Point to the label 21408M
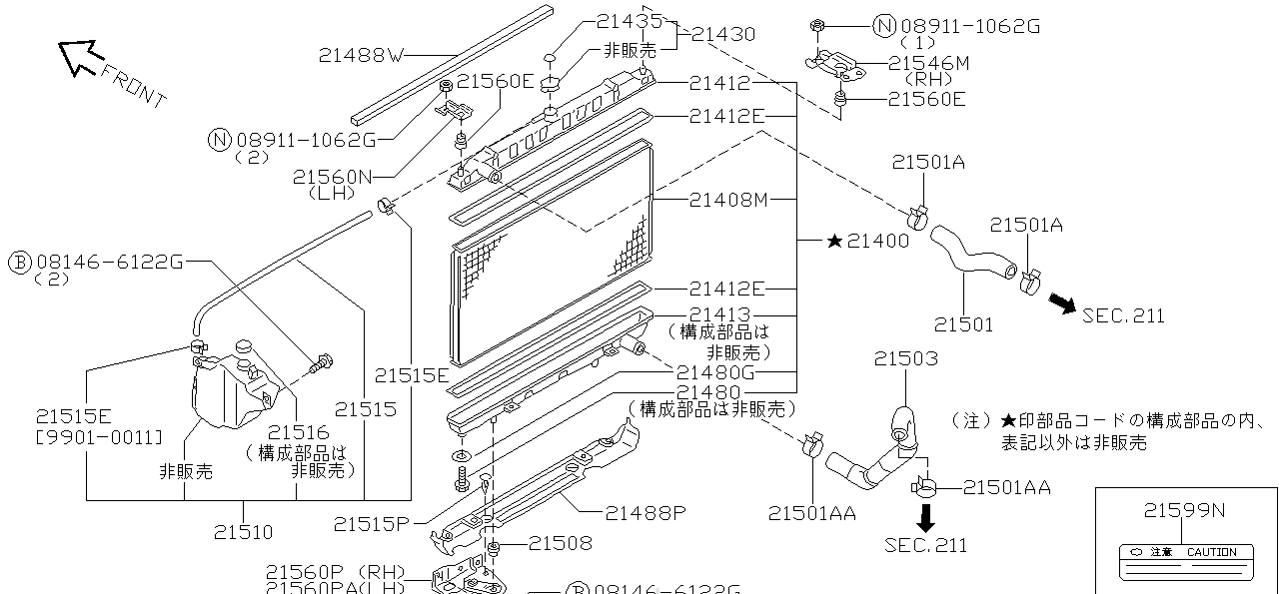(x=728, y=200)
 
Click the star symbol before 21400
(x=835, y=241)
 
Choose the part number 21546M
(x=928, y=63)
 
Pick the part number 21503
(x=906, y=358)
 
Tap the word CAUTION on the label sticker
(x=1211, y=552)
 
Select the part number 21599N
(x=1184, y=510)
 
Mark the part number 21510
(x=243, y=532)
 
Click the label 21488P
(x=645, y=513)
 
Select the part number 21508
(x=561, y=543)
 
